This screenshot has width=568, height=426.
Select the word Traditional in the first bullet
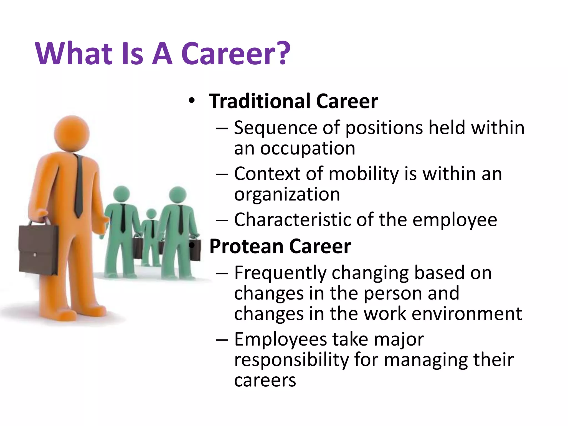point(260,101)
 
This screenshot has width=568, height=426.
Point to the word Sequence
point(275,128)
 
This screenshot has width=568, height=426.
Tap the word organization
point(287,194)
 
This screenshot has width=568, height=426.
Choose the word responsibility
point(291,360)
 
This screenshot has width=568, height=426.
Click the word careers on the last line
point(265,380)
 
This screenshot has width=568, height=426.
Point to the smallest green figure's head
point(151,214)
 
